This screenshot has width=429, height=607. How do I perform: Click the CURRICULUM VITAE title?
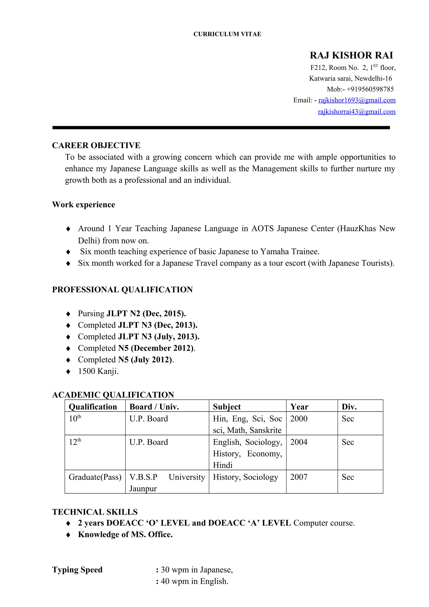(x=227, y=34)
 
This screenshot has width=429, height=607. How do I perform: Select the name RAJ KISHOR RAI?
(x=351, y=55)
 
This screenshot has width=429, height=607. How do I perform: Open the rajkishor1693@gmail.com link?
(x=357, y=100)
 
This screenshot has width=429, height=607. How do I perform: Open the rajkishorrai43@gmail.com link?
(x=357, y=112)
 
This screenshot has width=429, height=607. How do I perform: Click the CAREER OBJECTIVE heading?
(x=96, y=145)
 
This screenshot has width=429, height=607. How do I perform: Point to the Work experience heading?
(x=84, y=205)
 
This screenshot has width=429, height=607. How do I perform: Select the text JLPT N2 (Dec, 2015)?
(x=146, y=314)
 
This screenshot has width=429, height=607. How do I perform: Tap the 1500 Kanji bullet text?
(x=98, y=371)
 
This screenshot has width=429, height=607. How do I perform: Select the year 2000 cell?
(x=299, y=419)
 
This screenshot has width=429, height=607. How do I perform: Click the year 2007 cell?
(x=299, y=477)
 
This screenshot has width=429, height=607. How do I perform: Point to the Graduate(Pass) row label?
(x=95, y=477)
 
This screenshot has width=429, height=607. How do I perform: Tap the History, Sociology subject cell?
(x=246, y=477)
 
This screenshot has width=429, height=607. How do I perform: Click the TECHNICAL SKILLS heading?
(x=95, y=512)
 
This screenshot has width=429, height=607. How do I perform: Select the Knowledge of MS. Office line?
(x=125, y=535)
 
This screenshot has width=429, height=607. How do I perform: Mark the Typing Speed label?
(x=77, y=570)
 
